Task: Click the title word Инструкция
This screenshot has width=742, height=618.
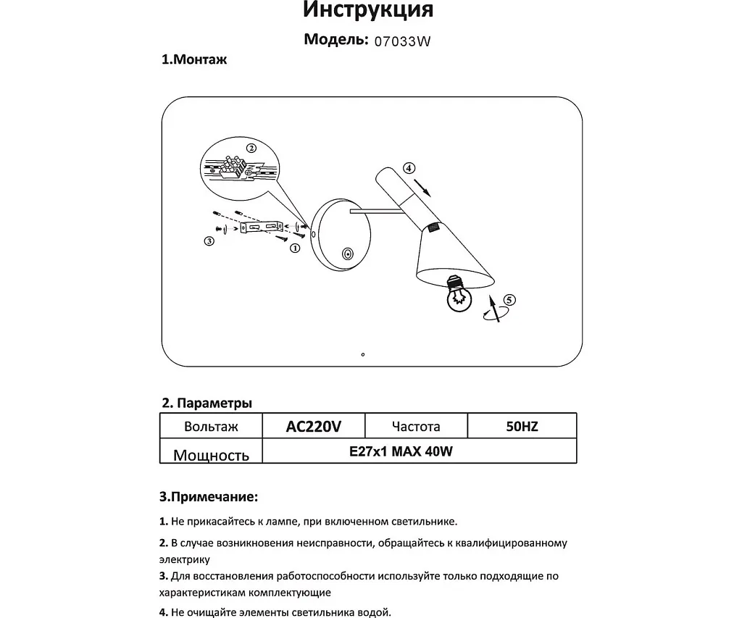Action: point(367,10)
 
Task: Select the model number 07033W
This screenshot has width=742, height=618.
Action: point(402,42)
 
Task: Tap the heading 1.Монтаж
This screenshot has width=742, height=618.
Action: point(193,60)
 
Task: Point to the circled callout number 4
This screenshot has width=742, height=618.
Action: point(409,168)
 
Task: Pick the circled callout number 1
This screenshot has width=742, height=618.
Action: point(295,248)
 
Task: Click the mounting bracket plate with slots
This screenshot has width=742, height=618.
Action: point(262,227)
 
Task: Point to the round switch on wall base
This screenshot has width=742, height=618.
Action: point(349,254)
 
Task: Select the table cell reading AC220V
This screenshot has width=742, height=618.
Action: point(313,427)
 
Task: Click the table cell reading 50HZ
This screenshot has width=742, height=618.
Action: point(522,427)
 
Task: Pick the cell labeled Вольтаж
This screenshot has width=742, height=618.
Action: point(211,427)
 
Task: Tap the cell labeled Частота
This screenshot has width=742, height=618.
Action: point(415,427)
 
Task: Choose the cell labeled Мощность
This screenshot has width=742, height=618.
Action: point(211,454)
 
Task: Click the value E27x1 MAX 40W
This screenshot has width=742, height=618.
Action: point(401,451)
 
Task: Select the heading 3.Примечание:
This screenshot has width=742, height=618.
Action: point(208,498)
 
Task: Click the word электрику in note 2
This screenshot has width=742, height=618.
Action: point(184,559)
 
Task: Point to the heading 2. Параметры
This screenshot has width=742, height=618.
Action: point(207,403)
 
